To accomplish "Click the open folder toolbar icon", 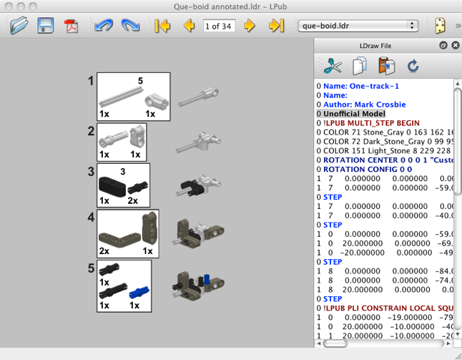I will tap(19, 26).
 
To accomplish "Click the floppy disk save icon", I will tap(46, 26).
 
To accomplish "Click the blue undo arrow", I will tap(104, 26).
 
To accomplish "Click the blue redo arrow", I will tap(130, 26).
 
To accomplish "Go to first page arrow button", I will tap(162, 26).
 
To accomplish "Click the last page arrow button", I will tap(276, 26).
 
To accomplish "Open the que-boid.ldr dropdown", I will tap(358, 26).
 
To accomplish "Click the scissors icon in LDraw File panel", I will tap(333, 67).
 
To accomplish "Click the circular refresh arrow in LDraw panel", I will tap(413, 67).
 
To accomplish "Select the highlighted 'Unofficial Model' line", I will tap(354, 114).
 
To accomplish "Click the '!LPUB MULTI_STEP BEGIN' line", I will tap(371, 123).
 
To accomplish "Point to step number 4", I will tap(91, 217).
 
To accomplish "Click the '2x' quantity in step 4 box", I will tap(104, 251).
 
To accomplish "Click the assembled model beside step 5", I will tap(190, 284).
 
